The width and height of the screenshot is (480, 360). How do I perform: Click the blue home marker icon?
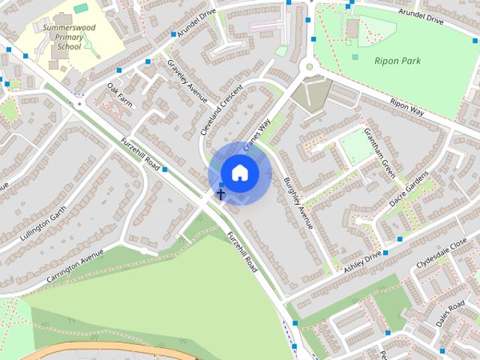(x=239, y=172)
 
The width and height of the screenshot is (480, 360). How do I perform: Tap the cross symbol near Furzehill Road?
(x=220, y=194)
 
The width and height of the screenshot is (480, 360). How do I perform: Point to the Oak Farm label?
(x=119, y=96)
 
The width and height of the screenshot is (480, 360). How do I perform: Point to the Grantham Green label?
(x=379, y=153)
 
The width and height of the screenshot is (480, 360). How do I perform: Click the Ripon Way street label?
(x=407, y=106)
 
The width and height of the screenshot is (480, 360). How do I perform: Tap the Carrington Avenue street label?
(x=74, y=267)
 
